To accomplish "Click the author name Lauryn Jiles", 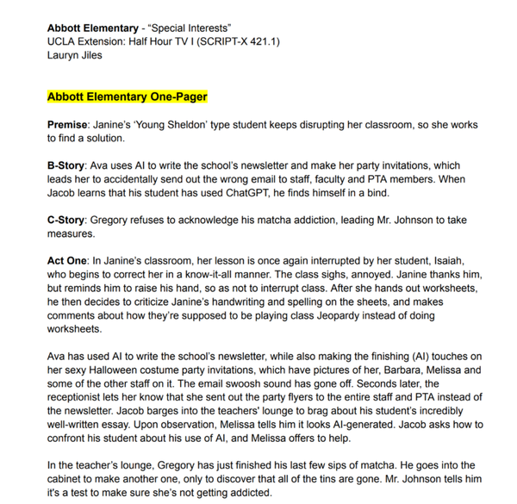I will coord(76,41).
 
